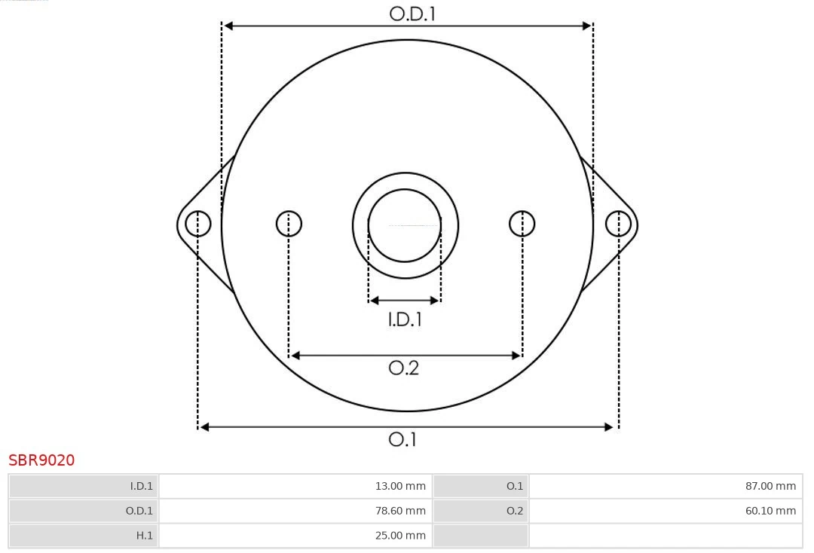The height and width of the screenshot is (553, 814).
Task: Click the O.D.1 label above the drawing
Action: point(412,14)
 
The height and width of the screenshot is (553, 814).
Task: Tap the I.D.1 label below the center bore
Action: point(405,320)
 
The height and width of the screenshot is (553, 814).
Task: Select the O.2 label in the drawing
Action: point(403,368)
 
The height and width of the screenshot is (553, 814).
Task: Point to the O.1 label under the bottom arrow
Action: point(402,439)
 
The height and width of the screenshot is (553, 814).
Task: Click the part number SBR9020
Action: point(41,460)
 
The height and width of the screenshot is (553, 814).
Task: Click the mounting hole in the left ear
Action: point(197,224)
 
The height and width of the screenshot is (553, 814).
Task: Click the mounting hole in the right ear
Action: point(618,224)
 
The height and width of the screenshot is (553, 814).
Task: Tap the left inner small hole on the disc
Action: point(289,224)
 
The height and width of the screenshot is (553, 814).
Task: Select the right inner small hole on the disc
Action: point(522,224)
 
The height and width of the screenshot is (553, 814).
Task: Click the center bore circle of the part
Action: point(405,225)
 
